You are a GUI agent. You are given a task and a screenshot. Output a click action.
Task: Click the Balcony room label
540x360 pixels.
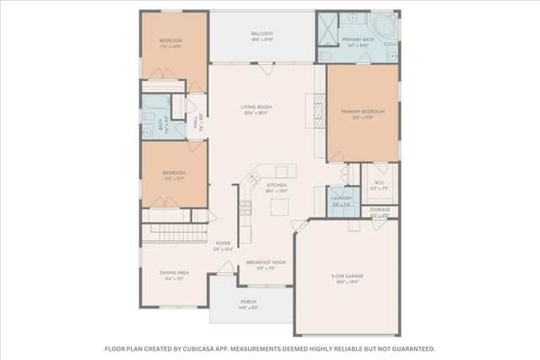point(262,35)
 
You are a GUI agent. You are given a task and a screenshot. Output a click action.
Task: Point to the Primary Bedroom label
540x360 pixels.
point(362,111)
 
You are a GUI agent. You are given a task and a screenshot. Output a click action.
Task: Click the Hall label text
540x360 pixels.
point(195,123)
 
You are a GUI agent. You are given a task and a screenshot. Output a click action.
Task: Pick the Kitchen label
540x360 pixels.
point(277,185)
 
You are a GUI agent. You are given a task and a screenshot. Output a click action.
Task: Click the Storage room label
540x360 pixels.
point(380,209)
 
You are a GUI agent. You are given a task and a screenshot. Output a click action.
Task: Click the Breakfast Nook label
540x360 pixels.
point(266,262)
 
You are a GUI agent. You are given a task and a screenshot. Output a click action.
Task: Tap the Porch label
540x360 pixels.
point(248,301)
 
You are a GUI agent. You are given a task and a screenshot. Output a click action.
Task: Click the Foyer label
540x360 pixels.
point(223,243)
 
